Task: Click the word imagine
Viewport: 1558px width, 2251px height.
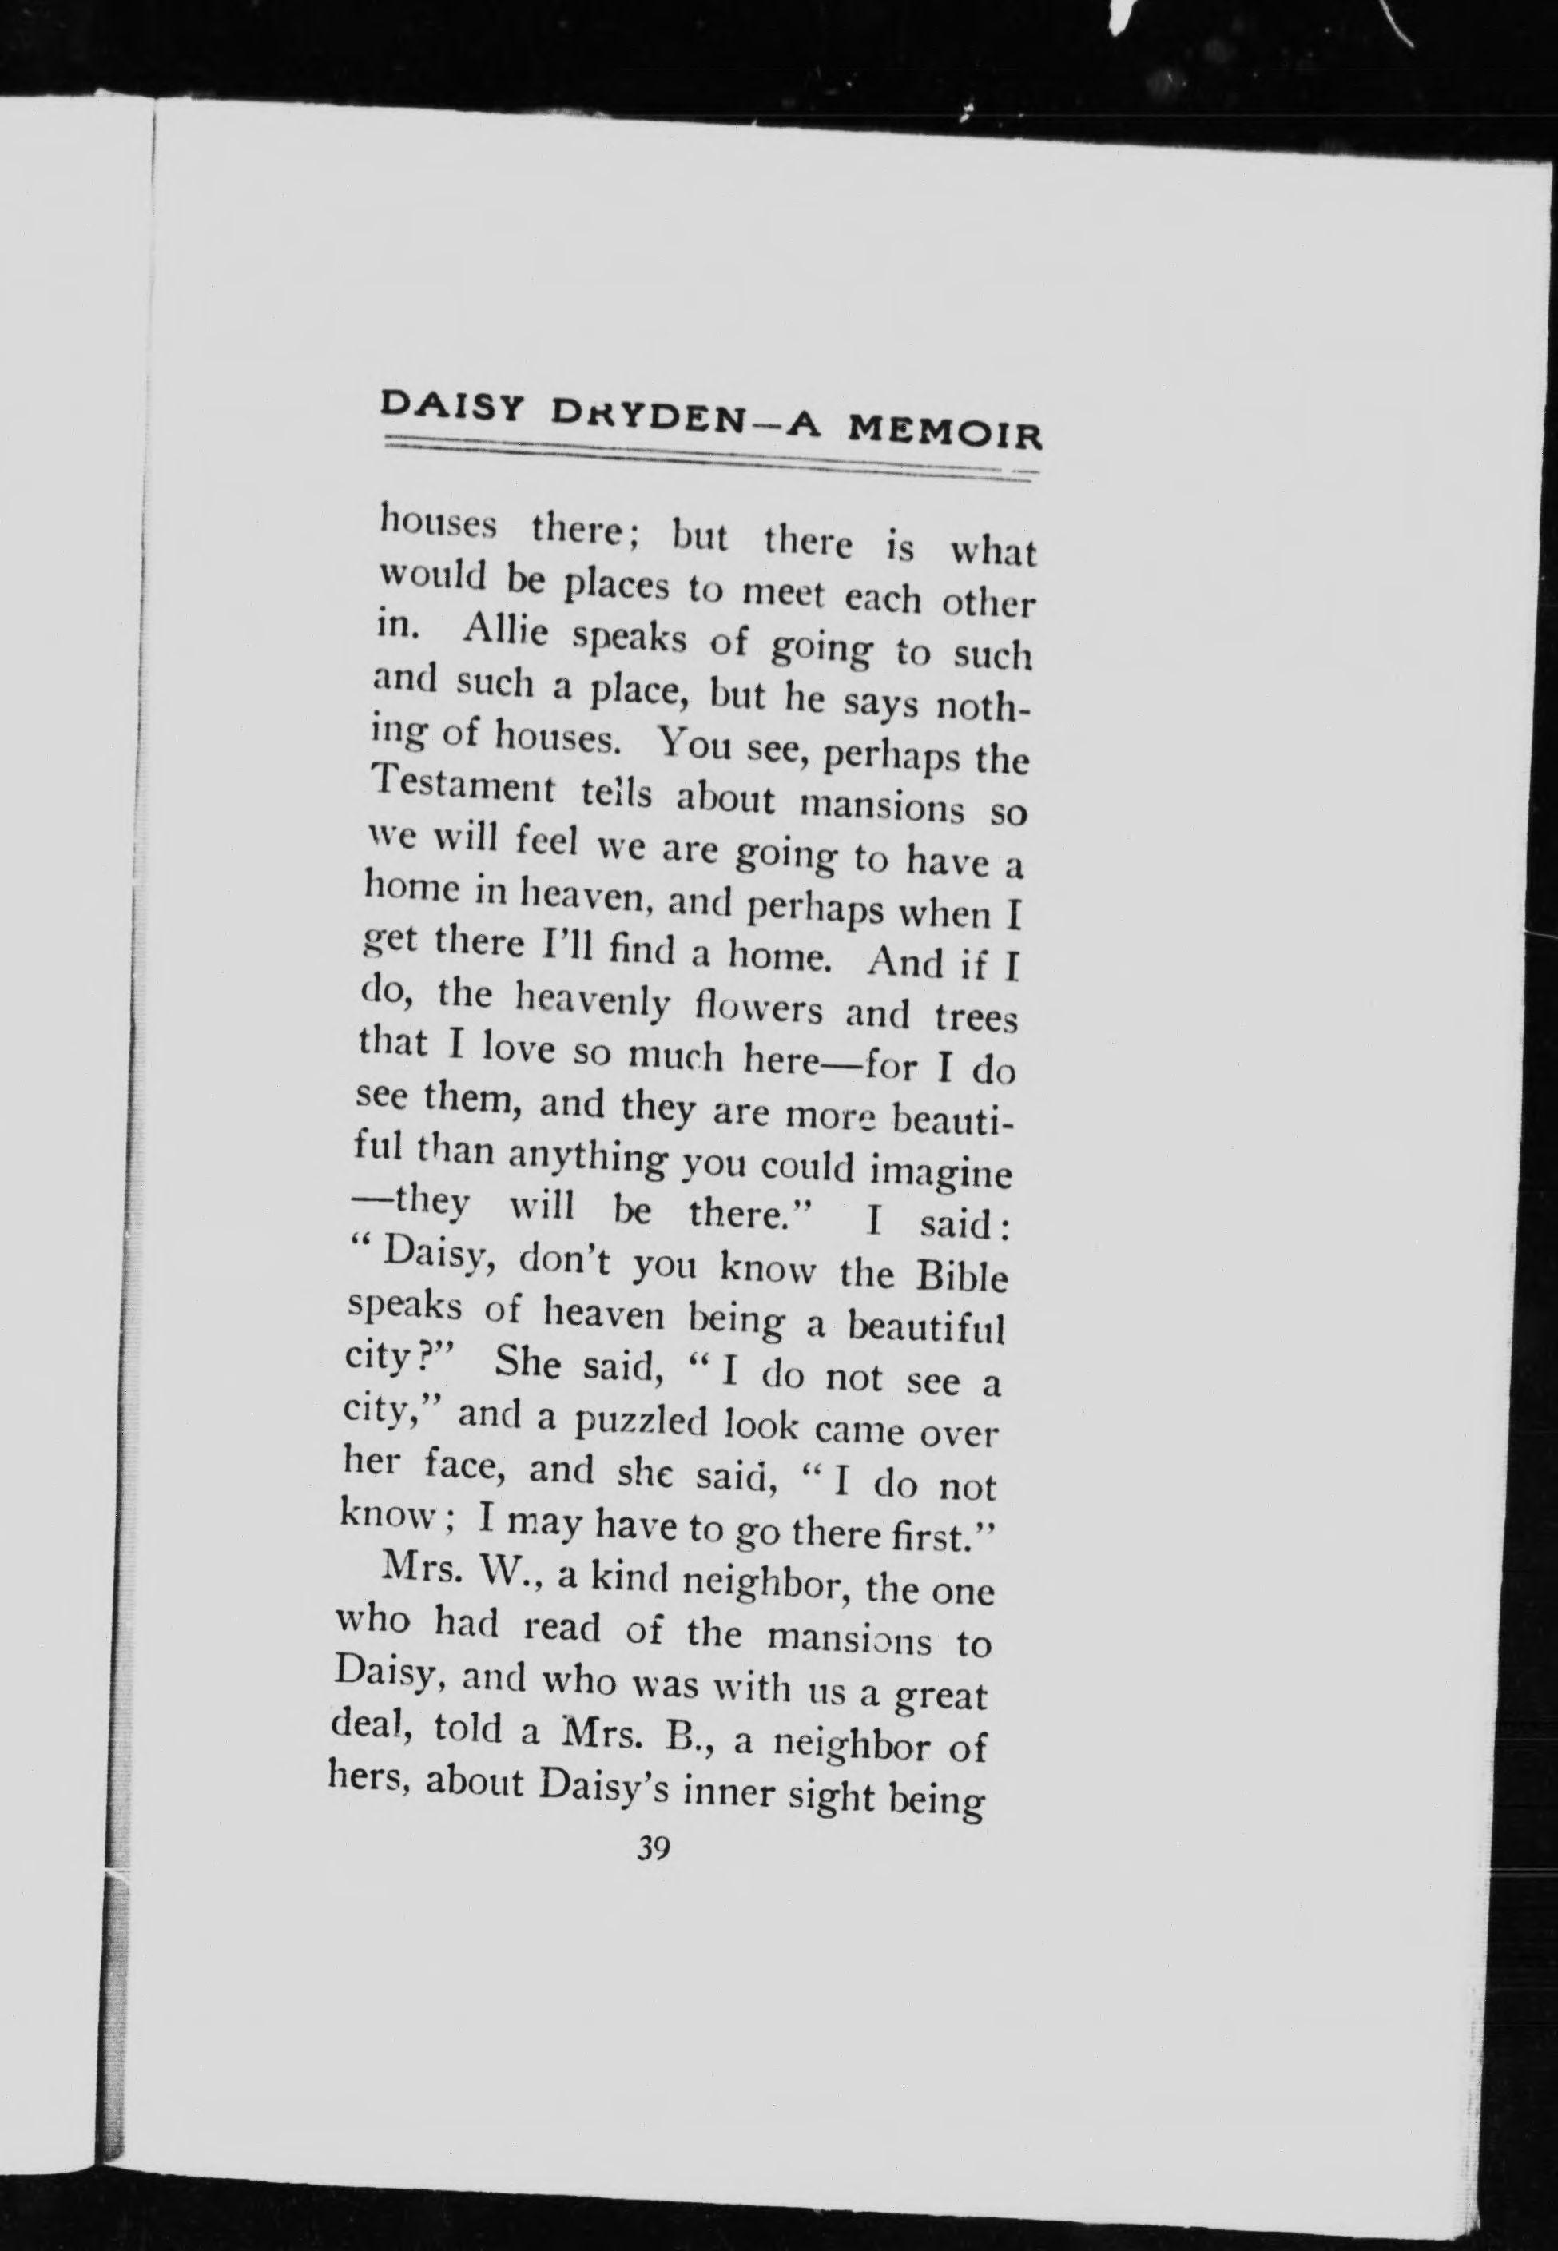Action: pyautogui.click(x=941, y=1171)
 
